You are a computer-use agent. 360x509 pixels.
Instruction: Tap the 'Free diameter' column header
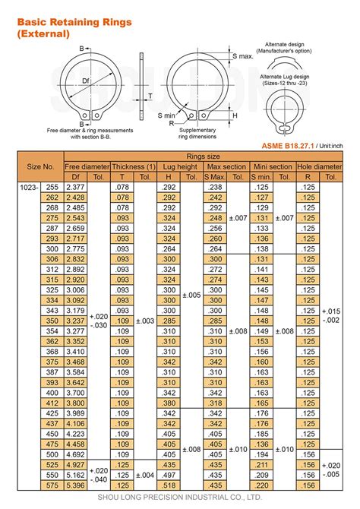tap(87, 166)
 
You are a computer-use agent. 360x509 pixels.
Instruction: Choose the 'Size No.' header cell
tap(40, 166)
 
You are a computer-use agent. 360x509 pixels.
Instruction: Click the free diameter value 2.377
tap(75, 187)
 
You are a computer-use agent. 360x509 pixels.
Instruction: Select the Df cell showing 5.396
tap(75, 485)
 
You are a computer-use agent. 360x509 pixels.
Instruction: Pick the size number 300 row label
tap(52, 249)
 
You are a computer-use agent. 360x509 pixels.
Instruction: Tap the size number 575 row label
tap(52, 485)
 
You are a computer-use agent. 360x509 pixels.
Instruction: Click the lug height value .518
tap(168, 485)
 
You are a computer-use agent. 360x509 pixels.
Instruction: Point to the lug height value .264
tap(168, 249)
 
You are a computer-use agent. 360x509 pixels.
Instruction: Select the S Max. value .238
tap(214, 187)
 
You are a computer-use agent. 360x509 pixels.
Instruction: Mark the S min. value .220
tap(261, 485)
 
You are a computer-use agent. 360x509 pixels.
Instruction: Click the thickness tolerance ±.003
tap(146, 321)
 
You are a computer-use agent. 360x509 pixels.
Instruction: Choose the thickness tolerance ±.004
tap(146, 475)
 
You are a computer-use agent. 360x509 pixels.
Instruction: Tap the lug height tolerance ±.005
tap(191, 295)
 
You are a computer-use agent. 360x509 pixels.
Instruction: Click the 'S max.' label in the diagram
tap(242, 57)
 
